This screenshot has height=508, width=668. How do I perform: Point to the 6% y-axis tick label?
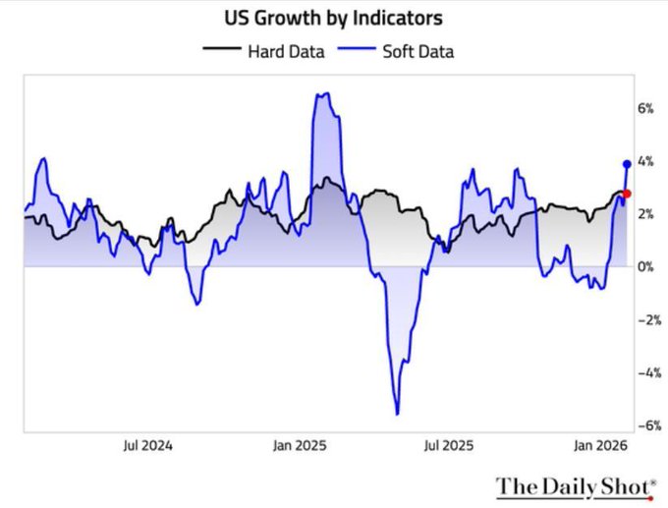(644, 108)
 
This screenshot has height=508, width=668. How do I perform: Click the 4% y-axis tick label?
(644, 161)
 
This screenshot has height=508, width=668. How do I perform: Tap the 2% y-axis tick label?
(644, 214)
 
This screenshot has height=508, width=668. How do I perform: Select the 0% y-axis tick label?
(644, 267)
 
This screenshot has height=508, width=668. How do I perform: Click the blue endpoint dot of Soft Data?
(627, 163)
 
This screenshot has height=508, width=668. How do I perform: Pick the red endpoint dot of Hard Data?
(627, 194)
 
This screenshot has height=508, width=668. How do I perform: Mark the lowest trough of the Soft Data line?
(397, 414)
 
